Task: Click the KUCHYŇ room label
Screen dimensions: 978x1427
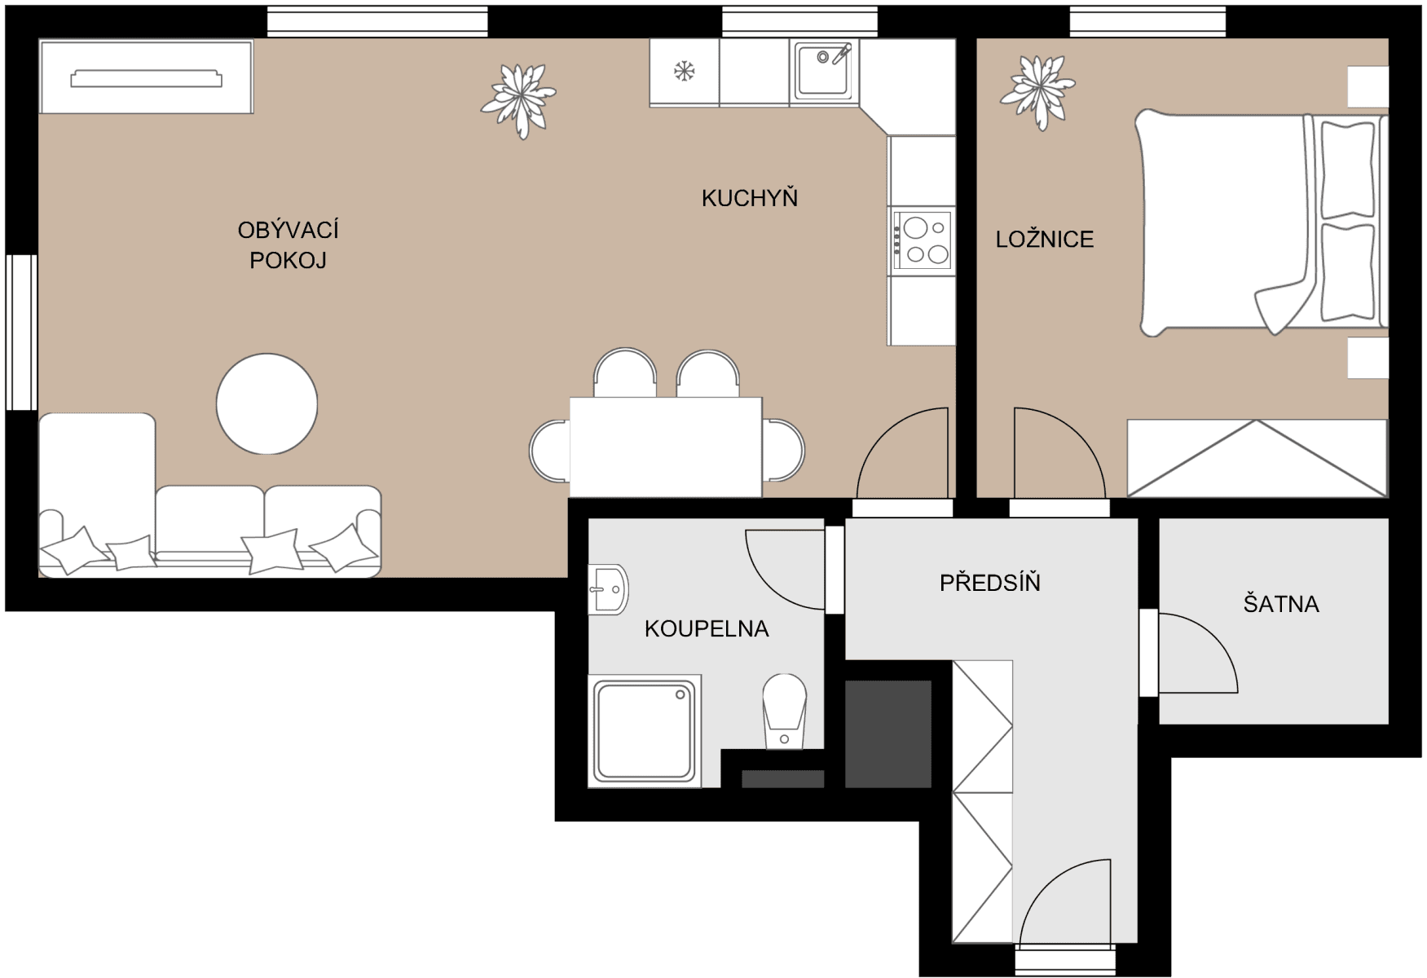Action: [x=749, y=198]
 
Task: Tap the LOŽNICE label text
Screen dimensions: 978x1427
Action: [x=1044, y=240]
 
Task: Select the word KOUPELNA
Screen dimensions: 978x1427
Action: [x=706, y=629]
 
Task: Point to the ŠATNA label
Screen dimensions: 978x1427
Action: [x=1280, y=604]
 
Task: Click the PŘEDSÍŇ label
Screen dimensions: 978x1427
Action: [x=989, y=583]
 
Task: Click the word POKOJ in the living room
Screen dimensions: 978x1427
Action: [x=288, y=261]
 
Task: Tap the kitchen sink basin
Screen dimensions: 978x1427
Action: [x=824, y=70]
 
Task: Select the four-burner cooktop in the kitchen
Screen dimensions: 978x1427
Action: [x=922, y=240]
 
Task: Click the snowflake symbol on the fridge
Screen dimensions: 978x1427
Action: [x=684, y=72]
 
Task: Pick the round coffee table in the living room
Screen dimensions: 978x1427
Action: [x=266, y=403]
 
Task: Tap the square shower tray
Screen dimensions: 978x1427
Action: [x=644, y=731]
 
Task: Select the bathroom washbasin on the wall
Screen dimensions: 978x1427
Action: [x=608, y=588]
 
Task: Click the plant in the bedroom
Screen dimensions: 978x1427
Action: [x=1037, y=90]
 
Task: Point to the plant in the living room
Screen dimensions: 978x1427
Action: [x=518, y=99]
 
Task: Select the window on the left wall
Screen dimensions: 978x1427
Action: [x=21, y=332]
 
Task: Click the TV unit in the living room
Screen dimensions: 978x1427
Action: [x=146, y=77]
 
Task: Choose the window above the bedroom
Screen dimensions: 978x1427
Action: [x=1147, y=21]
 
